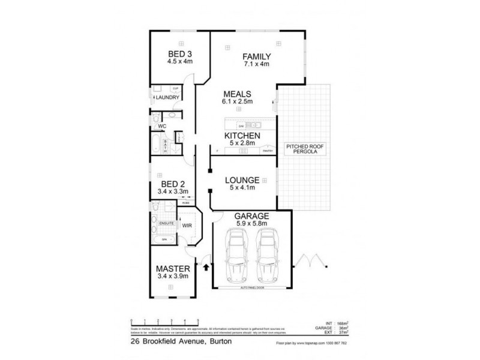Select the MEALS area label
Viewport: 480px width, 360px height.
click(236, 94)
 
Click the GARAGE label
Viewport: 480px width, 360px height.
click(251, 217)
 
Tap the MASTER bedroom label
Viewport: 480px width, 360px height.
click(173, 268)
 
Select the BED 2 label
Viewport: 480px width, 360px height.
click(173, 184)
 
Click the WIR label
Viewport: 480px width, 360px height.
click(187, 227)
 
